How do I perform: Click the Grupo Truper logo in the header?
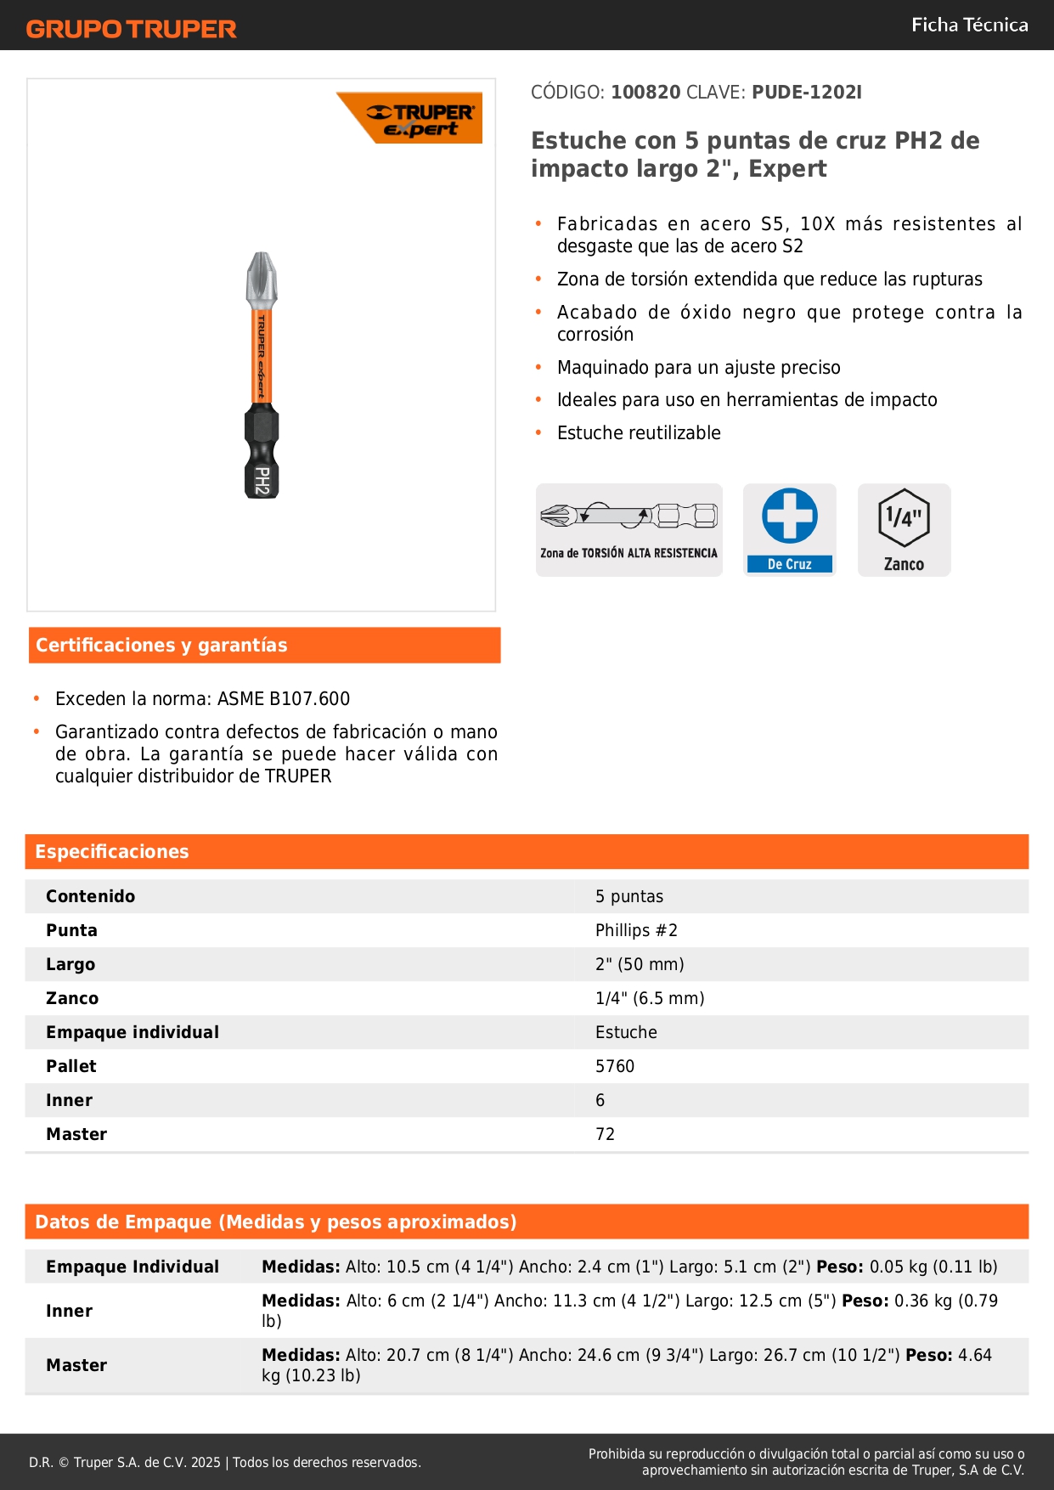[131, 29]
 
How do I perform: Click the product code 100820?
[645, 93]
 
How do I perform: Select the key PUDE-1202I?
[807, 93]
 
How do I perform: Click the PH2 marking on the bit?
[262, 481]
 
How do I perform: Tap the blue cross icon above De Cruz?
[789, 516]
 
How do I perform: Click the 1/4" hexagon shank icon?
[904, 517]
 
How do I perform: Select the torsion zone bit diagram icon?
[628, 516]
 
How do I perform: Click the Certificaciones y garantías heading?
[161, 646]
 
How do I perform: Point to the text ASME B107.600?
[284, 699]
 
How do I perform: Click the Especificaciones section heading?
[112, 852]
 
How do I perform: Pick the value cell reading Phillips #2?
[636, 930]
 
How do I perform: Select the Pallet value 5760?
[615, 1066]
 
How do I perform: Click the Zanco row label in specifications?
[72, 998]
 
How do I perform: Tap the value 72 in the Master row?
[605, 1134]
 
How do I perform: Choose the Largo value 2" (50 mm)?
[640, 964]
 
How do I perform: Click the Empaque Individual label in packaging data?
[132, 1267]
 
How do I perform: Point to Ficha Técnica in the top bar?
[969, 25]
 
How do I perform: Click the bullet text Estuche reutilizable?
[639, 433]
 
